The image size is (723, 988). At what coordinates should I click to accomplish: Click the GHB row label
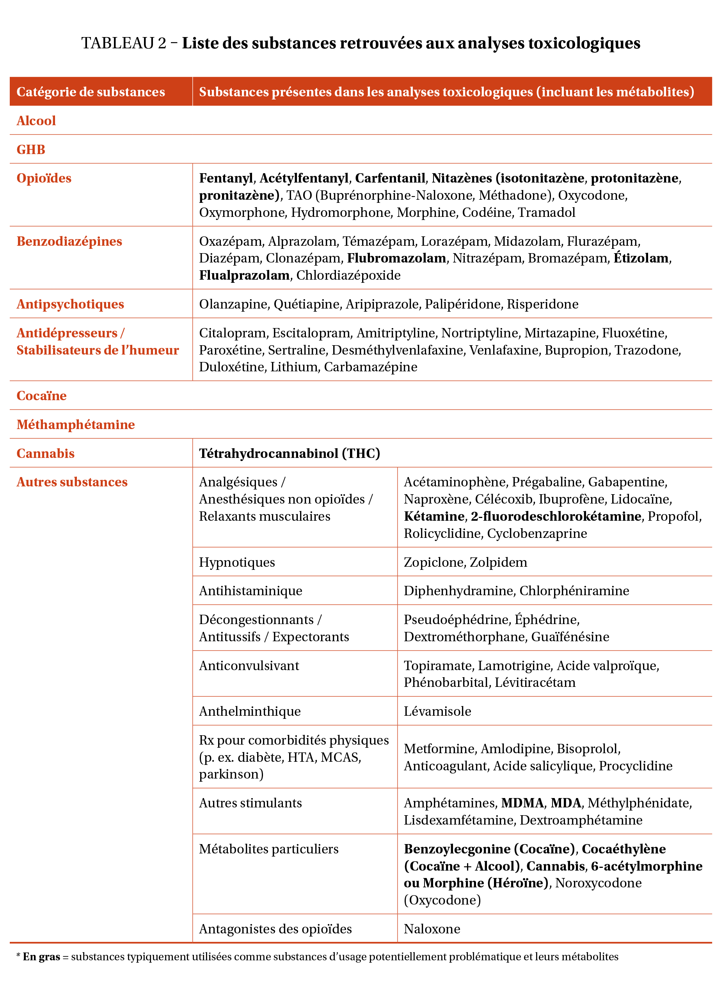[31, 149]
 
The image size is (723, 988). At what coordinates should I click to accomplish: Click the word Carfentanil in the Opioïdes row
[389, 178]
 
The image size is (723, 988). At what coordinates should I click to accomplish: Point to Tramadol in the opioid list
[547, 212]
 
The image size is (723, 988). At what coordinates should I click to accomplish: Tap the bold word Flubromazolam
[396, 258]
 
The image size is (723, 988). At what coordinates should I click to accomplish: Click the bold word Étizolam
[641, 258]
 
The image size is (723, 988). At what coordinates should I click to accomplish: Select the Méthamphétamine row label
[76, 424]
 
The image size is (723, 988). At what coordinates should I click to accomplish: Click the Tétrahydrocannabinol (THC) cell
[289, 453]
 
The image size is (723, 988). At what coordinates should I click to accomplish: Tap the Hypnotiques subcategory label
[237, 562]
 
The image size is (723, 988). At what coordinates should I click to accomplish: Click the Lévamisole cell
[437, 711]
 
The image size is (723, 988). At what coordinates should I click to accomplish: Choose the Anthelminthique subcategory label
[249, 711]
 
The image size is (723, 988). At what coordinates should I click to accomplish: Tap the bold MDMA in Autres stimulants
[522, 803]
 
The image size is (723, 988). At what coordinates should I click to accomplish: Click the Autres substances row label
[72, 482]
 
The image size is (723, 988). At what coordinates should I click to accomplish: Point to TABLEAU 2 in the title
[124, 43]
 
